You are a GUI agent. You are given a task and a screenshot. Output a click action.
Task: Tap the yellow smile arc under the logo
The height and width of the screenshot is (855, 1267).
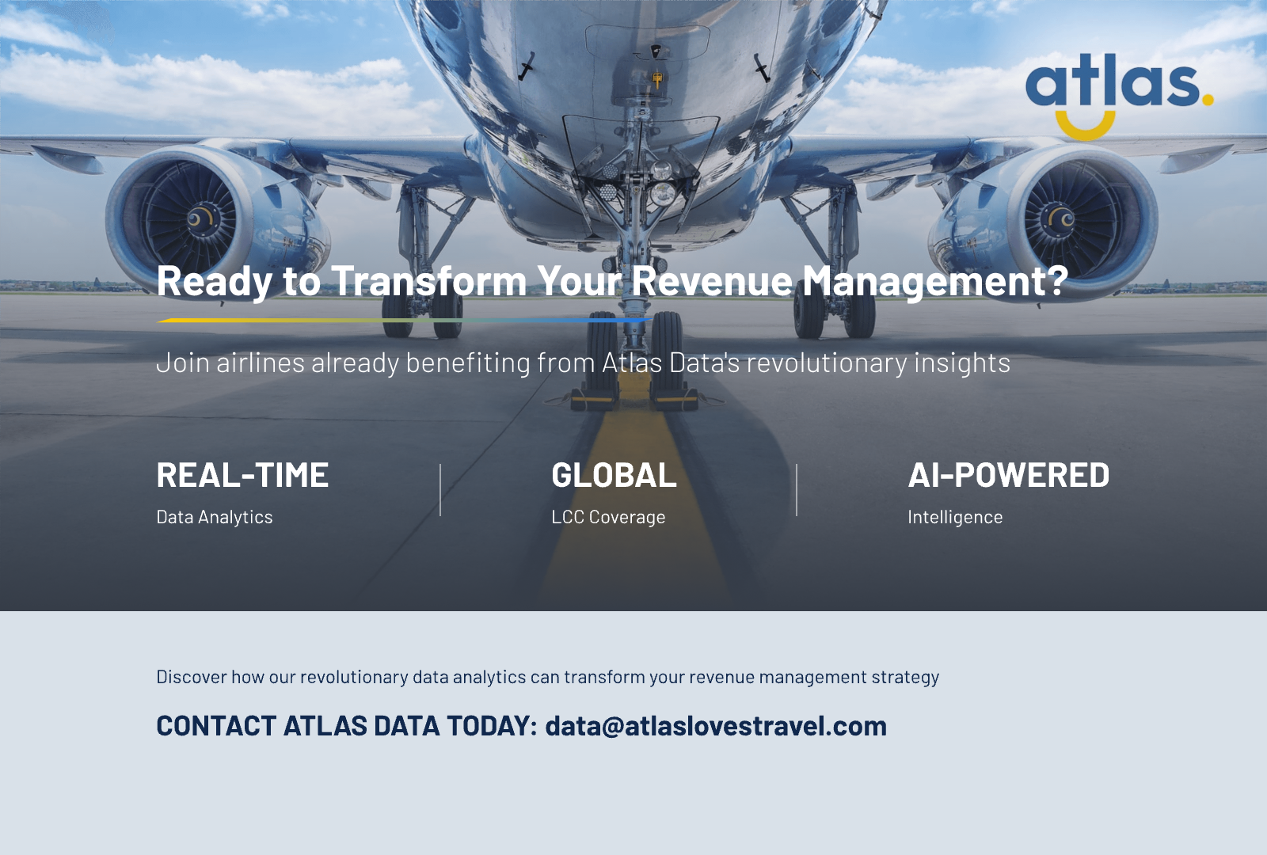1086,127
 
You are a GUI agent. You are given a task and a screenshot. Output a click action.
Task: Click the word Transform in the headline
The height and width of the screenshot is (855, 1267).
428,281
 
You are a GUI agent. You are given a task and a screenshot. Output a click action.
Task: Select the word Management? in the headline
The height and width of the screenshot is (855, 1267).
935,281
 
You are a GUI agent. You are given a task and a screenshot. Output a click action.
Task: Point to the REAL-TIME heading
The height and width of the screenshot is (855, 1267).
242,475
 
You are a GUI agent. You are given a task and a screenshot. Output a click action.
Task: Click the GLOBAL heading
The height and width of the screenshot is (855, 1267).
614,475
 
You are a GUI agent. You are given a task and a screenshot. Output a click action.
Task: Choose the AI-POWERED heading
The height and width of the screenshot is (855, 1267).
1008,475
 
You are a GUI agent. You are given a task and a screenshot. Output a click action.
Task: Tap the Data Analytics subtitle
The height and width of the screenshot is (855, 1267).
215,517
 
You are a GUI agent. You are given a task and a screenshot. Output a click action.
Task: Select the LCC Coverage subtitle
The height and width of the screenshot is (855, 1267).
608,517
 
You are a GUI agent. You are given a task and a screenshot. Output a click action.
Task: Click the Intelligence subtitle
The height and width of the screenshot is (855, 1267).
955,517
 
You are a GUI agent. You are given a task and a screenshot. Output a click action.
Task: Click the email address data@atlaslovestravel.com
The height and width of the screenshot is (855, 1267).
716,726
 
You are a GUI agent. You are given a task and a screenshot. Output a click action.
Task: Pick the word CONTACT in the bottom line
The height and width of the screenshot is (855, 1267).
216,726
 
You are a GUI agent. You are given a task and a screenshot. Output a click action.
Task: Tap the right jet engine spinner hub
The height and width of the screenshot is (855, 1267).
1062,218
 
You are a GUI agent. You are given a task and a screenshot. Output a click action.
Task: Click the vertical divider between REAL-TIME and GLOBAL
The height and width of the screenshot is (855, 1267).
440,491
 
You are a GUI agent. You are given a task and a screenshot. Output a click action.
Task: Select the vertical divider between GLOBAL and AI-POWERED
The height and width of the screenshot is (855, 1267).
797,491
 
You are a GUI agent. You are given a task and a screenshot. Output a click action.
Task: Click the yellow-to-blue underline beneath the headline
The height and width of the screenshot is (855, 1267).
404,320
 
